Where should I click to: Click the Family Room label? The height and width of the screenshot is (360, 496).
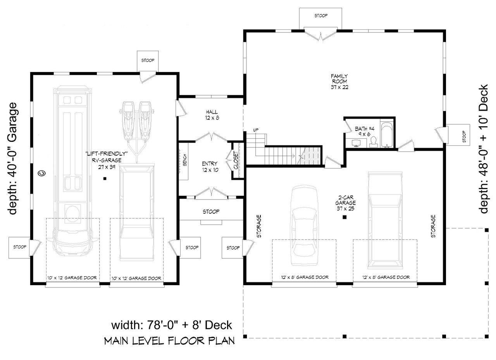click(339, 81)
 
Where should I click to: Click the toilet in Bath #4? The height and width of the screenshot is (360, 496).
click(374, 143)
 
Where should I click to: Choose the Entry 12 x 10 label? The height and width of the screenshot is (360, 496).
click(210, 166)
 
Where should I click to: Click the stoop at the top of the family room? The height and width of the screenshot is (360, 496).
click(320, 16)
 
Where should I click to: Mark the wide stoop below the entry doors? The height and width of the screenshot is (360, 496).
click(211, 212)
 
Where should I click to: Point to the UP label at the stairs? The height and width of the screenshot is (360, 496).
click(255, 130)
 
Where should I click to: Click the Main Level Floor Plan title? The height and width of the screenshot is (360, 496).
click(169, 341)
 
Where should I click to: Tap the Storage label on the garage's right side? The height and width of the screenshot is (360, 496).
click(433, 226)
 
